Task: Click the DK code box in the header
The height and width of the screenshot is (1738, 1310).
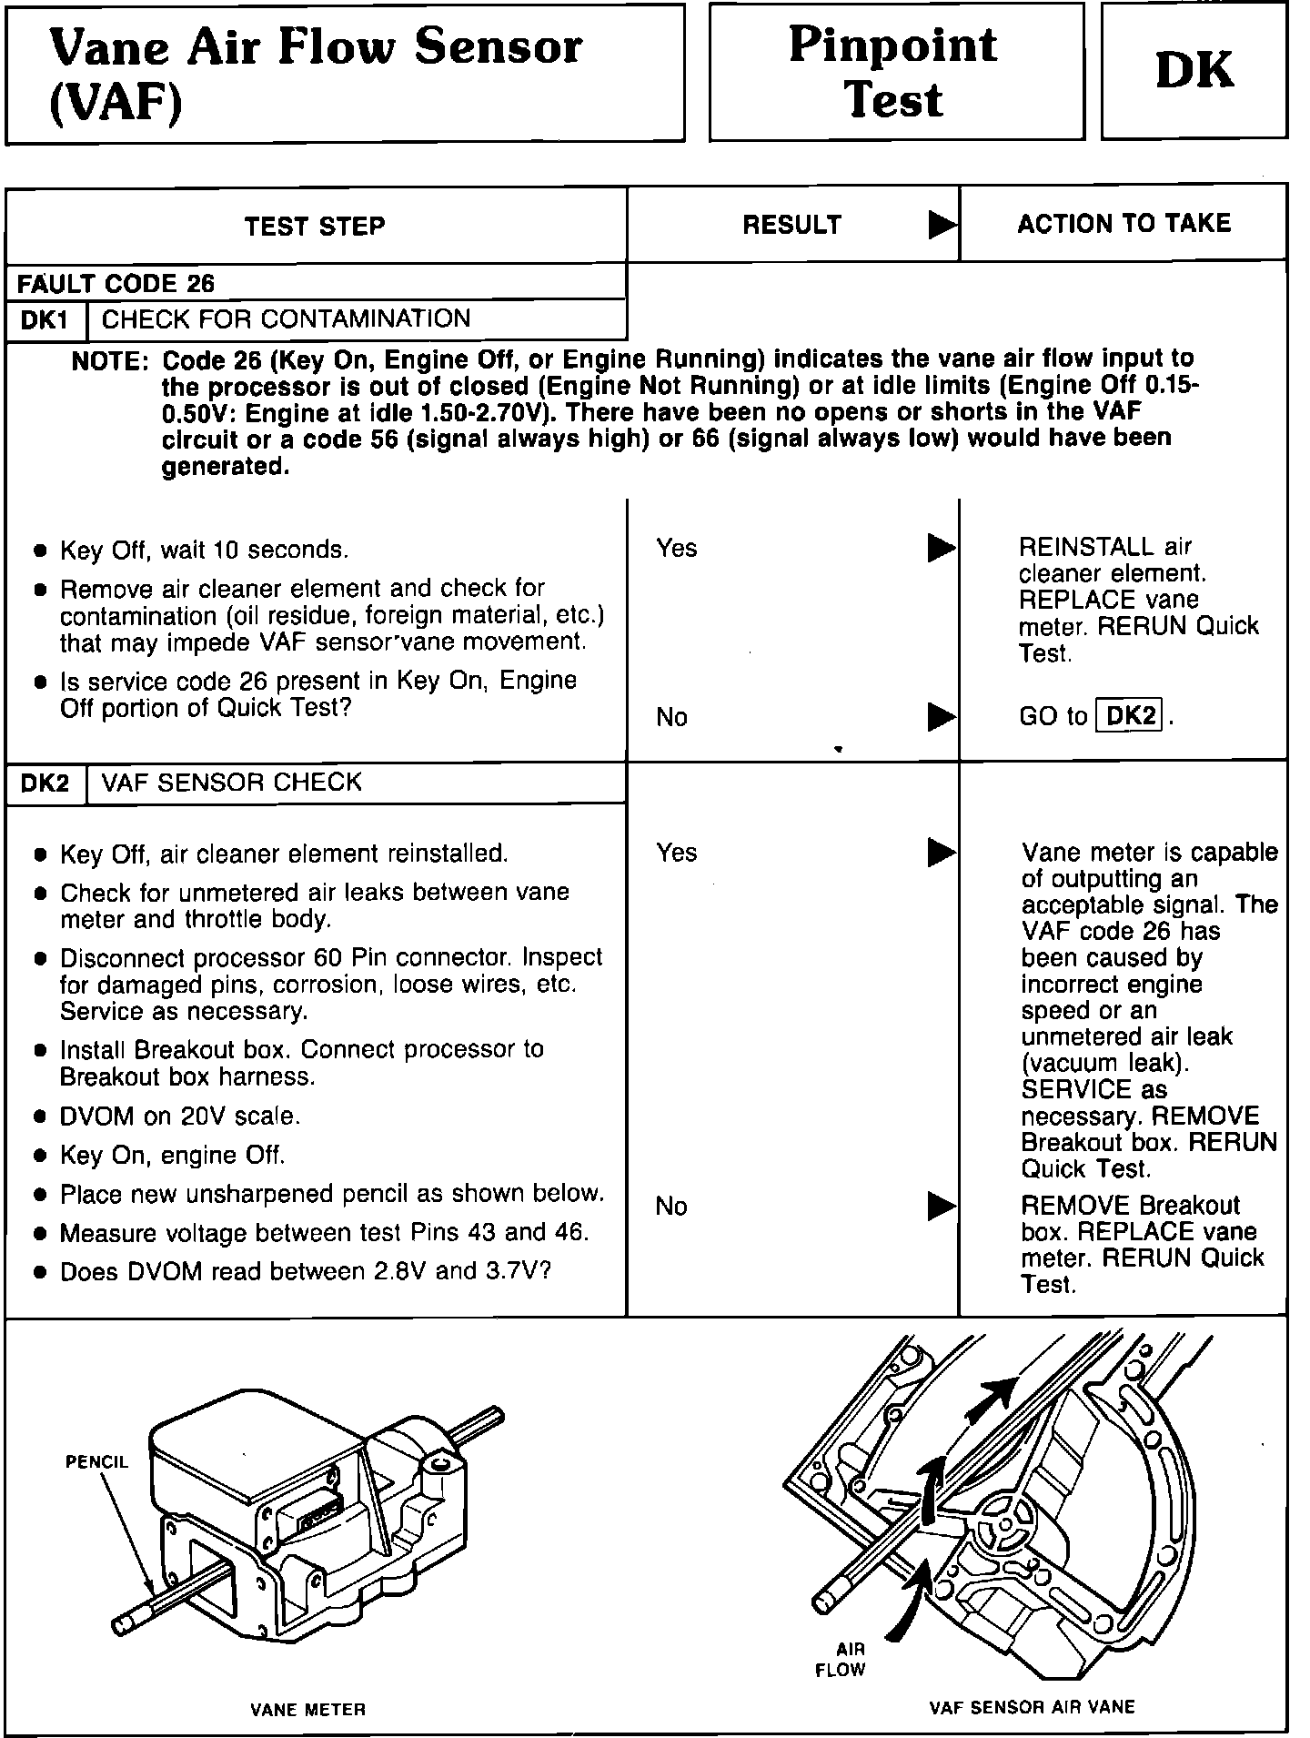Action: [x=1194, y=70]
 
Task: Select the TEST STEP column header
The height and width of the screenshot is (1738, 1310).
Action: [x=315, y=227]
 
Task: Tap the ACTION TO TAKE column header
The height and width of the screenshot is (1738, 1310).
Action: [x=1124, y=224]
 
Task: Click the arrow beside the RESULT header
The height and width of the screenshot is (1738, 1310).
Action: [x=942, y=225]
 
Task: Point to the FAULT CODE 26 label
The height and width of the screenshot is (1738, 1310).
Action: [x=116, y=284]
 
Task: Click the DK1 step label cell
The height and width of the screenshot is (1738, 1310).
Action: [x=45, y=320]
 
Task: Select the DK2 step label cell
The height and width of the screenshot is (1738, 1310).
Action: [x=45, y=783]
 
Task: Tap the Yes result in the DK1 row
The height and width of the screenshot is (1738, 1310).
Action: [x=677, y=548]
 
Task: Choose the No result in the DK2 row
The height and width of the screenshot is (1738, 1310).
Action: [x=671, y=1207]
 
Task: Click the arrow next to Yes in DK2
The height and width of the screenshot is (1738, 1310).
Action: [x=942, y=853]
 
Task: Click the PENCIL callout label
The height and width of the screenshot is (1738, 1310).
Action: [x=96, y=1462]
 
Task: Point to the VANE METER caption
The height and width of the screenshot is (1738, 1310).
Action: [x=307, y=1710]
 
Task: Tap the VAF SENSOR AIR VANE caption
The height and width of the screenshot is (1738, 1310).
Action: [x=1032, y=1707]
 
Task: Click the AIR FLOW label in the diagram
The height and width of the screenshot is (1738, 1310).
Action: [x=840, y=1659]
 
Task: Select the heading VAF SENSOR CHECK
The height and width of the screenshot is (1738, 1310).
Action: [x=232, y=783]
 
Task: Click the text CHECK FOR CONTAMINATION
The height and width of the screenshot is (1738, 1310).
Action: [x=286, y=319]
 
